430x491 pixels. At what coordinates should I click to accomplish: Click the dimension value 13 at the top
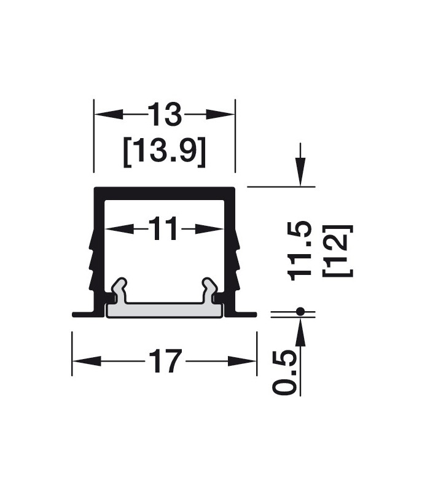pos(165,115)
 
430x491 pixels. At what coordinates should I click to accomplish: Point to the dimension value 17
pos(165,361)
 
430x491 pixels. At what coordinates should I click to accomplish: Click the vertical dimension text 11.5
pos(302,250)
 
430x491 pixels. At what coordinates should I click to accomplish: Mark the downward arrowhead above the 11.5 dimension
pos(300,172)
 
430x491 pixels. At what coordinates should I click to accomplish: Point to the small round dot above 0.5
pos(300,312)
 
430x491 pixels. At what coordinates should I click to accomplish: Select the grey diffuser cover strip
pos(165,310)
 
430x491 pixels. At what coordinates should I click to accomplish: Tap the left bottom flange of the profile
pos(85,314)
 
